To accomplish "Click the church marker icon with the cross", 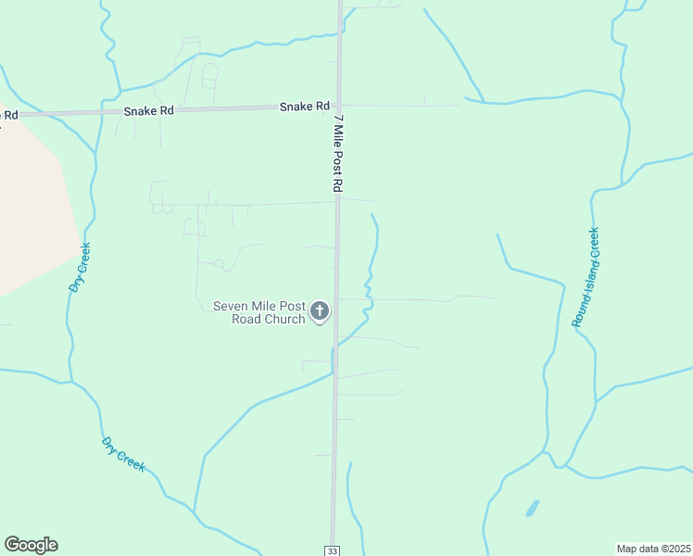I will tap(320, 311).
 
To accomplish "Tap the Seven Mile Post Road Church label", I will tap(259, 312).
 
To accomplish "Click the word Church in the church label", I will tap(283, 320).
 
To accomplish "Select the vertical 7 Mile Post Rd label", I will tap(337, 153).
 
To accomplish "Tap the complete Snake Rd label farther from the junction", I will tap(149, 111).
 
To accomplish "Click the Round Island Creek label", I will tap(586, 277).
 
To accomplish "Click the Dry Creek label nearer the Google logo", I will tap(123, 454).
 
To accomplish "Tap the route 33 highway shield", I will tap(332, 550).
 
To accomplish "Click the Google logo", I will tap(31, 545).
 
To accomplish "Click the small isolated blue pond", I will tap(532, 508).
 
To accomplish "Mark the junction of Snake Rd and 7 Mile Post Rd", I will tap(339, 106).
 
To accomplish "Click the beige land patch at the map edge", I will tap(32, 204).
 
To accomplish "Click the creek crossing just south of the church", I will tap(335, 344).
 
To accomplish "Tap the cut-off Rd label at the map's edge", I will tap(8, 115).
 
